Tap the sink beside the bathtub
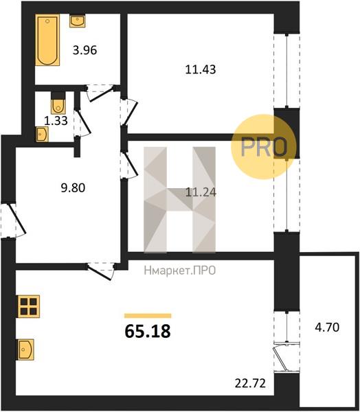[78, 21]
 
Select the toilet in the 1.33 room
[58, 103]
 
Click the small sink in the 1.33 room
[42, 134]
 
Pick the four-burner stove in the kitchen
[29, 306]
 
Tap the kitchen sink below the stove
[25, 350]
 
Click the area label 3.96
[85, 50]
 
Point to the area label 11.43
[201, 69]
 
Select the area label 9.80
[73, 188]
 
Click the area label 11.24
[201, 192]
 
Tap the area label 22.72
[250, 384]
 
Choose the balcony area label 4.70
[327, 328]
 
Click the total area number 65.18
[148, 331]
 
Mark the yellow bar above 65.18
[148, 316]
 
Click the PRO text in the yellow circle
[264, 148]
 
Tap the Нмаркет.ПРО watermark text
[180, 271]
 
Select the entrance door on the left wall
[13, 220]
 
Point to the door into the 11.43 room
[129, 112]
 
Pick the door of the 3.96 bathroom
[100, 92]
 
